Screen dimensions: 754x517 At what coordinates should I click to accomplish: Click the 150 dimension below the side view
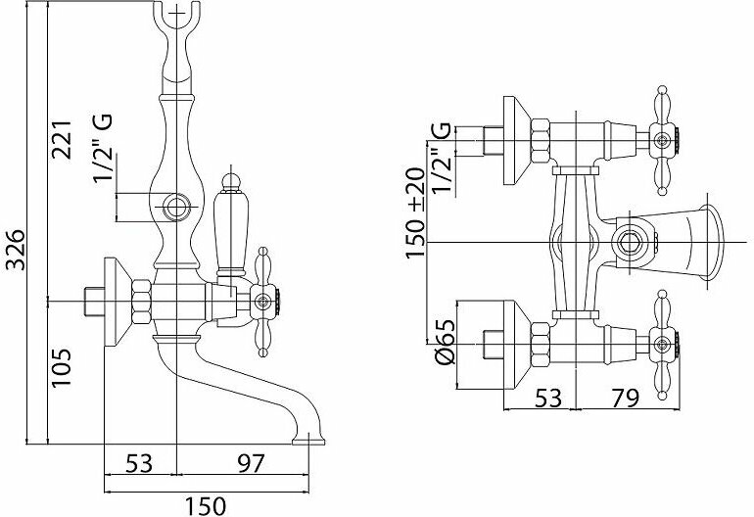coord(205,505)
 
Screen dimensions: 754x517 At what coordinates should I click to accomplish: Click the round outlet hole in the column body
coord(176,207)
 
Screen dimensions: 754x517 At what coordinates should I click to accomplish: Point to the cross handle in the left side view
coord(264,301)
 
